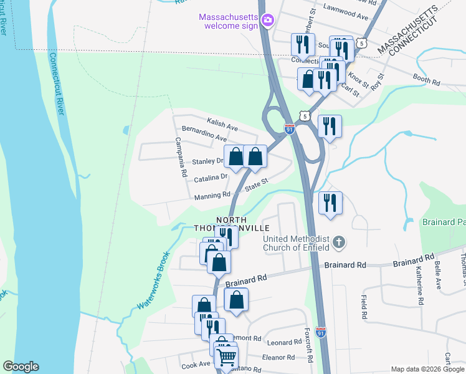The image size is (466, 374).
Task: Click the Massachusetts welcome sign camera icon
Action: coord(267,21)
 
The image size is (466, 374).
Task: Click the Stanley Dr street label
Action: coord(207,161)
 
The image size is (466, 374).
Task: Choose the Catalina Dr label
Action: coord(210,178)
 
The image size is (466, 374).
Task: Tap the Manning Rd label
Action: coord(212,195)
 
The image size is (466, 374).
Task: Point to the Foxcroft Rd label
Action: coord(308,344)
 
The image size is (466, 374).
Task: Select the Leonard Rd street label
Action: coord(284,343)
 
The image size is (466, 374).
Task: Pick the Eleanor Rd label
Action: coord(278,357)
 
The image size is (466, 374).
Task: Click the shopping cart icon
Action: coord(227,357)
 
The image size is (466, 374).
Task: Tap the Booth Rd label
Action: coord(427,81)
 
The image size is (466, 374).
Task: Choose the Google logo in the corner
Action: coord(21,367)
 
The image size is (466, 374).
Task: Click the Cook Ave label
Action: coord(196,365)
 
